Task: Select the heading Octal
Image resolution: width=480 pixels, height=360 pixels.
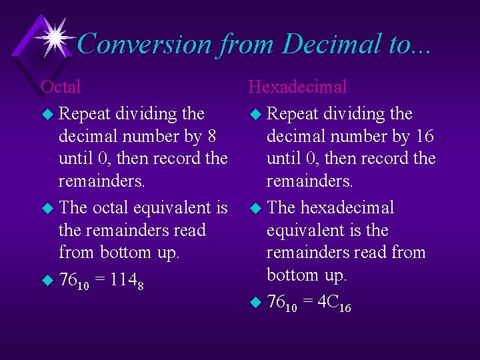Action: [x=61, y=87]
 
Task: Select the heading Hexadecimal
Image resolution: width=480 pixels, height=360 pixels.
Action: [x=297, y=87]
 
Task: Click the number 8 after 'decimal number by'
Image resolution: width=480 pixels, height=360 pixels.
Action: [x=211, y=137]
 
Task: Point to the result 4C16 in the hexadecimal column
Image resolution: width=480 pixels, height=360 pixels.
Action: [x=334, y=303]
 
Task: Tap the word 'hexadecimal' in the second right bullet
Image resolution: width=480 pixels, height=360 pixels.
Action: [x=347, y=207]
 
